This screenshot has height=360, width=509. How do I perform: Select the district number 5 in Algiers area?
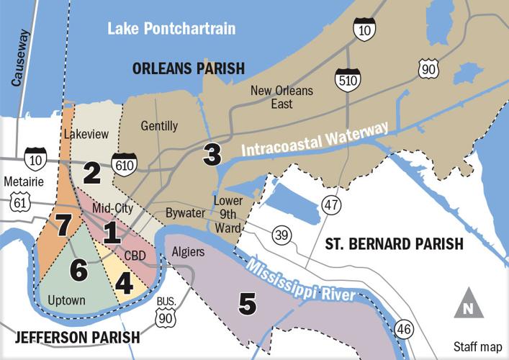pos(247,305)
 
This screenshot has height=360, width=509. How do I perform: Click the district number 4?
pos(124,282)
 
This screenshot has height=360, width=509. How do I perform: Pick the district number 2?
pos(91,172)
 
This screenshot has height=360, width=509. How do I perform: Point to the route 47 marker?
pos(330,204)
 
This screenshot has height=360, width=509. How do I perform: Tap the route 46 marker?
pos(404,330)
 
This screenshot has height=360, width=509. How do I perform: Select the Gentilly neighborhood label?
pos(159,126)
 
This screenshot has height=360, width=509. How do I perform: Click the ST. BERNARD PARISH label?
pos(393,244)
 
